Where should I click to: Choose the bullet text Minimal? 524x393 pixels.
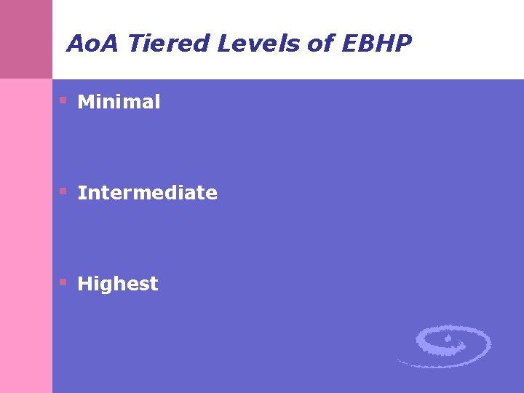[119, 102]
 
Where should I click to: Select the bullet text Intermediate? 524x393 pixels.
[147, 193]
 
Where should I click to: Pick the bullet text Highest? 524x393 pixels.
[117, 284]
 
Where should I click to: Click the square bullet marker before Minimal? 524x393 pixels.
[63, 100]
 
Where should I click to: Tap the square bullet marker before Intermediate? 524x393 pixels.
[63, 191]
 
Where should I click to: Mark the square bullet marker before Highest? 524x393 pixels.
[63, 282]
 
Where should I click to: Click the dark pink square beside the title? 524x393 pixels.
[26, 39]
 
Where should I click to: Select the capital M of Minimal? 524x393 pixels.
[85, 102]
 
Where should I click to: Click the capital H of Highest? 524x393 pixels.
[85, 284]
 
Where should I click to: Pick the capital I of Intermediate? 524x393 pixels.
[81, 193]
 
